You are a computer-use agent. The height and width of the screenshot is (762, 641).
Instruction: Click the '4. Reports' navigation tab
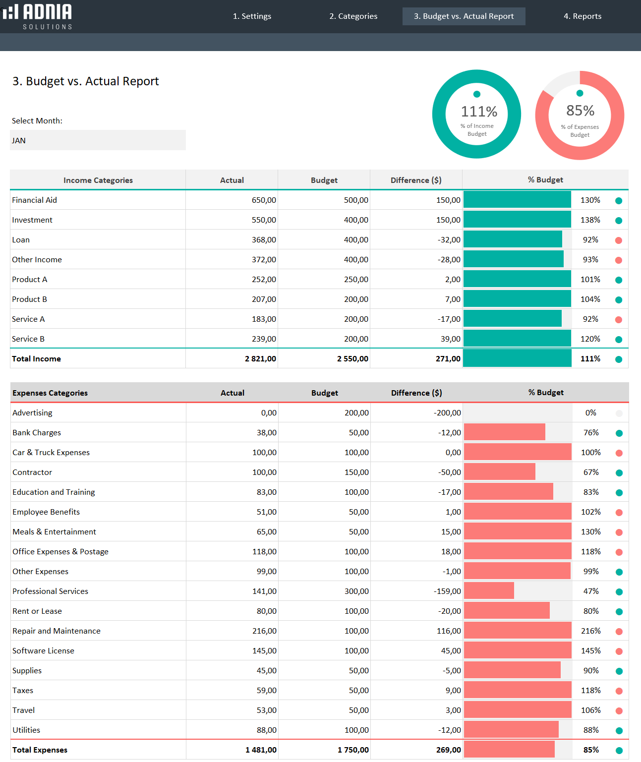(582, 16)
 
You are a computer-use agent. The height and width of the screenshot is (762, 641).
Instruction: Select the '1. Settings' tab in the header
(252, 16)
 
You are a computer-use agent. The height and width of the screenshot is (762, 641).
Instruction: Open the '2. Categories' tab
(353, 16)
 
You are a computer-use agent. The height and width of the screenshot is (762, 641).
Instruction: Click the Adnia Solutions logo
(38, 16)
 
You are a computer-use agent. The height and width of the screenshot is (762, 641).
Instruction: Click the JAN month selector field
(98, 140)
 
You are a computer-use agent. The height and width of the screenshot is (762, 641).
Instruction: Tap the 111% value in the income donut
(478, 112)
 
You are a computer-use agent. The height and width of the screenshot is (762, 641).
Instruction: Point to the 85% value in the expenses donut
(580, 111)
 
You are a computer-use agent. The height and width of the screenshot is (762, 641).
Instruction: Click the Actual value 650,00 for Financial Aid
(263, 200)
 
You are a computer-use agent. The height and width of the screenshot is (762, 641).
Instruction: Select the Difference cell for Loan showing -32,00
(449, 240)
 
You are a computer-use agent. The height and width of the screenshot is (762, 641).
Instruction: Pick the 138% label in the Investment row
(590, 220)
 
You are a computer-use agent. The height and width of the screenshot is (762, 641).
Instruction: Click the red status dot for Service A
(618, 320)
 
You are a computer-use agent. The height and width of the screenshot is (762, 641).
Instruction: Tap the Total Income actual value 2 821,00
(260, 359)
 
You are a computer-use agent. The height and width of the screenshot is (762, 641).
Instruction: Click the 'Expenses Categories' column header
(50, 393)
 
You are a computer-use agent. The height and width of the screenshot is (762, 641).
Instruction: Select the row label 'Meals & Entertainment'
(54, 532)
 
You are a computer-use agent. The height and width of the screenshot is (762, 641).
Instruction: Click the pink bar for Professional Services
(489, 591)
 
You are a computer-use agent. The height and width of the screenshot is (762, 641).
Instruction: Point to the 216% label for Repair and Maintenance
(590, 631)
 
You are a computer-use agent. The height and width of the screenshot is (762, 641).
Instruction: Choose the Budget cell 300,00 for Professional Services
(356, 591)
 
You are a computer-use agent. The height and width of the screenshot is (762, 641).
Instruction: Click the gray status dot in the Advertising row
(619, 413)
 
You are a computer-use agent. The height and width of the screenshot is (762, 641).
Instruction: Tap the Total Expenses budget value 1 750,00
(353, 750)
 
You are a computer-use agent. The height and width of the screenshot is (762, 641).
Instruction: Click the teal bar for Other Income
(513, 259)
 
